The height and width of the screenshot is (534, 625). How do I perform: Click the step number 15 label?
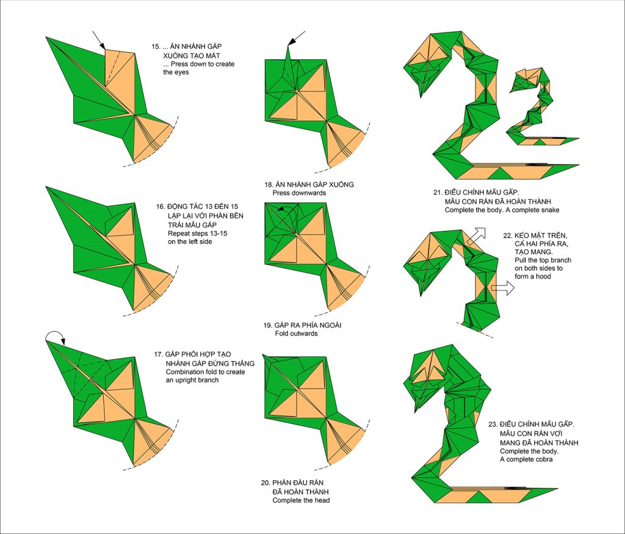coord(156,46)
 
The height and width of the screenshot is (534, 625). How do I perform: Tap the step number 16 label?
coord(161,207)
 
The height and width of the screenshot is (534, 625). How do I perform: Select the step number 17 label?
coord(158,354)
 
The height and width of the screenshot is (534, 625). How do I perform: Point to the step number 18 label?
coord(269,185)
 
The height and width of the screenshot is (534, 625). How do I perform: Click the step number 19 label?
coord(267,325)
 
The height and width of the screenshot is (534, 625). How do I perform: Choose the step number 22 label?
coord(507,236)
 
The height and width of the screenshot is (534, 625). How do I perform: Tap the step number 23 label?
coord(493,425)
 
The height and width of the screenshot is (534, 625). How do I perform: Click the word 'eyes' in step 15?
coord(182,73)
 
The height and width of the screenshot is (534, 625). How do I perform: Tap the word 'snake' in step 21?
coord(550,210)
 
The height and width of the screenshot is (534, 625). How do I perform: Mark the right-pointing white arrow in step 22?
coord(503,288)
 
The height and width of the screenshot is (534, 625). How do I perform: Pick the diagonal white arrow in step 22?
coord(477,236)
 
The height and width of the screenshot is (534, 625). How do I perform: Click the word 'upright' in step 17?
coord(188,381)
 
